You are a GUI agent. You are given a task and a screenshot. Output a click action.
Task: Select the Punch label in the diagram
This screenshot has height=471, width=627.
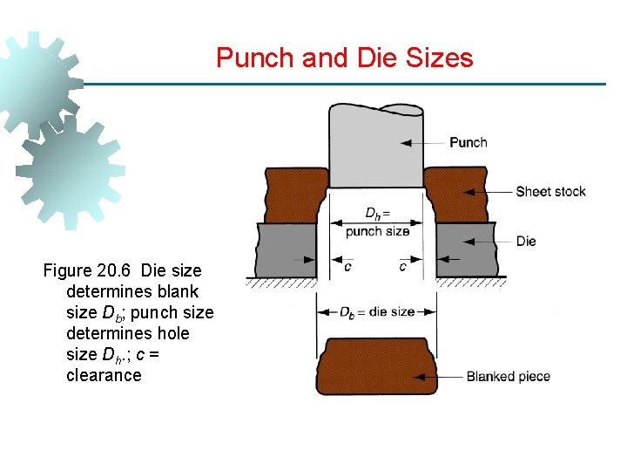(468, 142)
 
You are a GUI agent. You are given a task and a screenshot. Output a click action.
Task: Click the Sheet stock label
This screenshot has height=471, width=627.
(550, 192)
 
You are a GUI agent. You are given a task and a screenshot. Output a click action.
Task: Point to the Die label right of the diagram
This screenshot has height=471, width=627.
(526, 241)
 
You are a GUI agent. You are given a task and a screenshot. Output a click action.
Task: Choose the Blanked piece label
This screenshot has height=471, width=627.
(509, 377)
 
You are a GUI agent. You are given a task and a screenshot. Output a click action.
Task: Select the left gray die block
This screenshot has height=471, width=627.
(286, 250)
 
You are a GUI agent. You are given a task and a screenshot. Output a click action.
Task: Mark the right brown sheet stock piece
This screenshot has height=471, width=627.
(456, 194)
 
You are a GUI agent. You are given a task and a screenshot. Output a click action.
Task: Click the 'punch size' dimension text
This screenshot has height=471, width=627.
(377, 232)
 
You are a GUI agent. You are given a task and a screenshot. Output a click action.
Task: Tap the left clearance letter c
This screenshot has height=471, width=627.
(347, 266)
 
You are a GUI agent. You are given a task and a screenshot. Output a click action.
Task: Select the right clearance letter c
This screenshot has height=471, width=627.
(402, 266)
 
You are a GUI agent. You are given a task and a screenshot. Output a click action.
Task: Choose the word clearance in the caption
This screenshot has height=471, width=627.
(104, 375)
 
